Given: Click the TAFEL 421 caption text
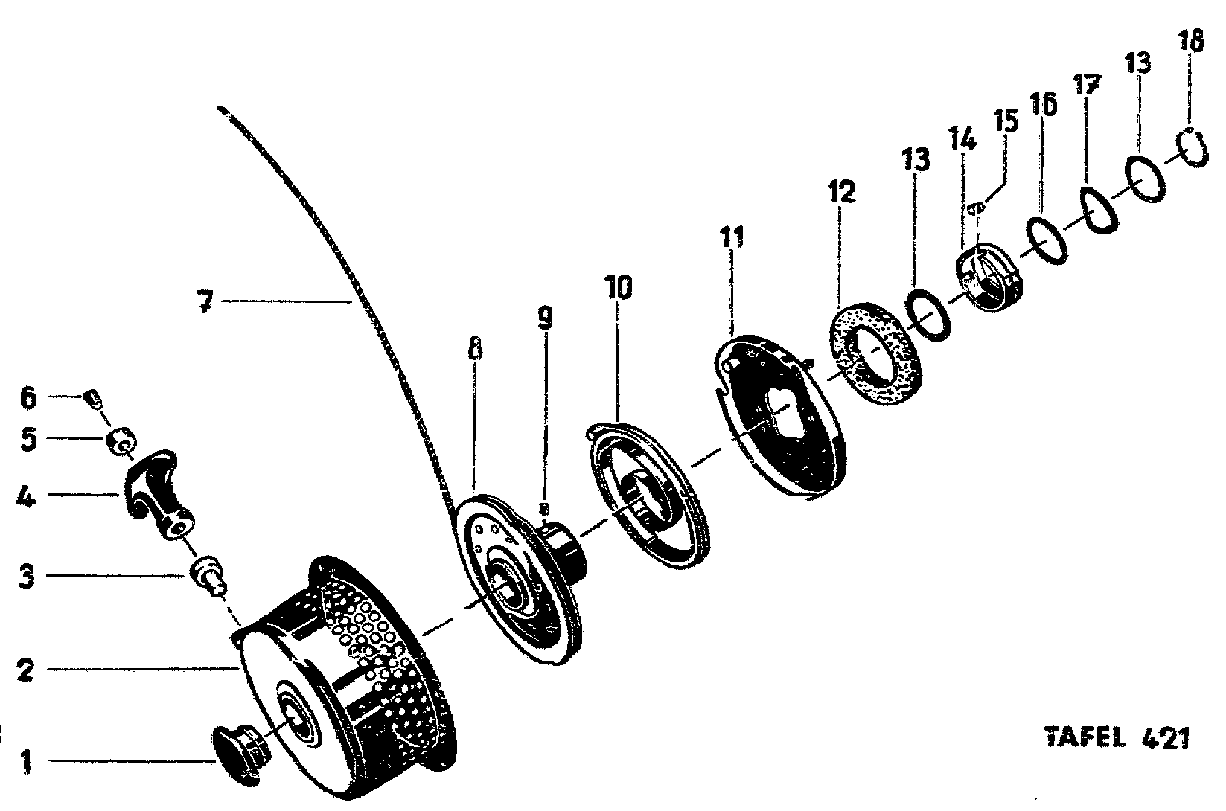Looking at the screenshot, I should click(1117, 738).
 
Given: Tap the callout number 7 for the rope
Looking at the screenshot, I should click(206, 302).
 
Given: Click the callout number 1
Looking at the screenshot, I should click(27, 762).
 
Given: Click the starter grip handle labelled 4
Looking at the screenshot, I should click(159, 491).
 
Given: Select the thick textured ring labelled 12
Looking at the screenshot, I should click(875, 355).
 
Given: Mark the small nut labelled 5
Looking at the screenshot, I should click(119, 442).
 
